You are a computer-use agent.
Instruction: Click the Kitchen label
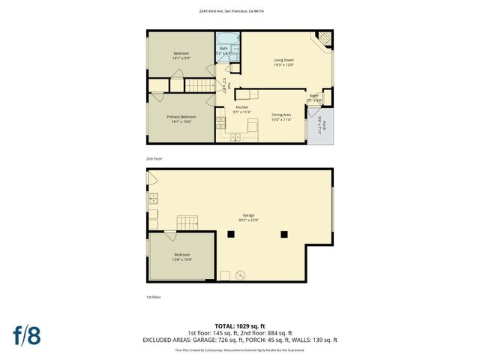(241, 108)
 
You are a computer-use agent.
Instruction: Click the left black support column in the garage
(230, 234)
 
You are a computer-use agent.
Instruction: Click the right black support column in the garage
(284, 234)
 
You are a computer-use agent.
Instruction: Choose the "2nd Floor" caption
(154, 159)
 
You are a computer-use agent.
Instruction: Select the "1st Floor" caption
(154, 297)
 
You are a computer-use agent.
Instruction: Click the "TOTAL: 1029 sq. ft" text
(240, 326)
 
